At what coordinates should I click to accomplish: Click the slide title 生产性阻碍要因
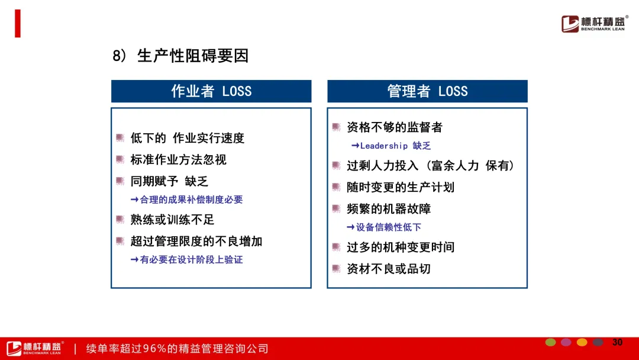tap(192, 56)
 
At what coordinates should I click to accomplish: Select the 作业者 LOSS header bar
tap(211, 91)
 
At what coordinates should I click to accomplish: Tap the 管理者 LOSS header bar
tap(427, 91)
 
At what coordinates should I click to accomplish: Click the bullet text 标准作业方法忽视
tap(178, 159)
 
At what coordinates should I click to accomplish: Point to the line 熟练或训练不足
tap(172, 220)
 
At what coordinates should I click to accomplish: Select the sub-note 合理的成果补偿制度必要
tap(191, 200)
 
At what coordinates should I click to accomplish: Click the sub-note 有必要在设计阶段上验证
tap(191, 260)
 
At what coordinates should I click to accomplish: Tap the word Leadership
tap(384, 146)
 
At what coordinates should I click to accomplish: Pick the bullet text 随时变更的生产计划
tap(400, 187)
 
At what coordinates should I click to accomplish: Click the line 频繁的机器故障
tap(388, 209)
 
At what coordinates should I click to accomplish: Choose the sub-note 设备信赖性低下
tap(388, 227)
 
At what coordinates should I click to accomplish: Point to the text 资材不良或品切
tap(388, 269)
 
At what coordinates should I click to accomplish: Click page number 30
tap(617, 342)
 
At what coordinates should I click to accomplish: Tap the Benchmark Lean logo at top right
tap(595, 24)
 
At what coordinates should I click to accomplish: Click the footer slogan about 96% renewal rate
tap(177, 349)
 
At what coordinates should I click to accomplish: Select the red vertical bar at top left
tap(18, 24)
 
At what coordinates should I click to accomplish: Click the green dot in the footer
tap(551, 342)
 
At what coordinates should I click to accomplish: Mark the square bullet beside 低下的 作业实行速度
tap(120, 138)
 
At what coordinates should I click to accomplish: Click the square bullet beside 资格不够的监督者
tap(336, 127)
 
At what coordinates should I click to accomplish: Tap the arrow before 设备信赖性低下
tap(350, 227)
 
